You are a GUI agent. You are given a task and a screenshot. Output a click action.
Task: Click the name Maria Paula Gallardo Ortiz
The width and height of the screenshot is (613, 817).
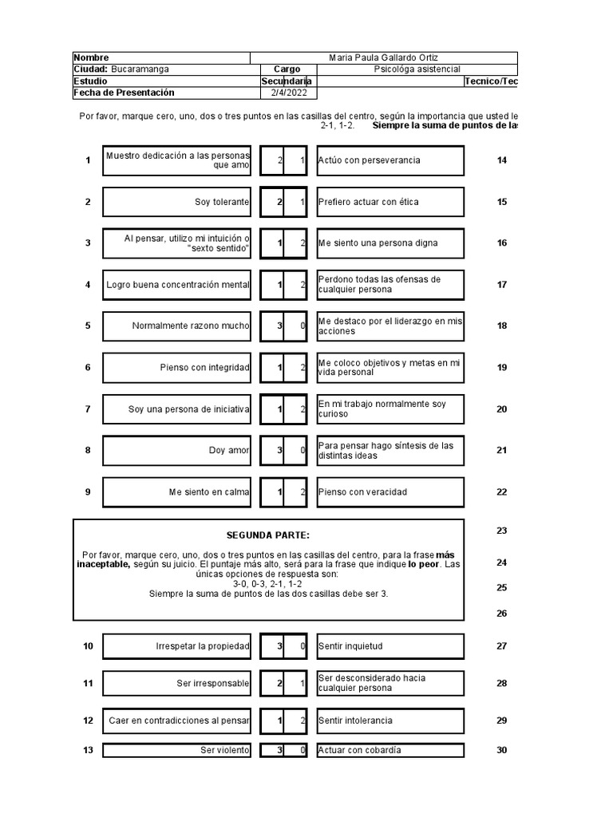coord(383,57)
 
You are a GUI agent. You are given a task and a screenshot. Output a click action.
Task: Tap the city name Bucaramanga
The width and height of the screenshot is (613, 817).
coord(140,69)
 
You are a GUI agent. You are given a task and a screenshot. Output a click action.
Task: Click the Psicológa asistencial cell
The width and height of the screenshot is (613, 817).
coord(417,69)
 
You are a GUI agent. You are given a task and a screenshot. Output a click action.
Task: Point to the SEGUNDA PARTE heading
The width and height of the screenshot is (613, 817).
coord(267,535)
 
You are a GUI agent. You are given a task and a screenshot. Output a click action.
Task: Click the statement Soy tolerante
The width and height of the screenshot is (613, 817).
coord(222,202)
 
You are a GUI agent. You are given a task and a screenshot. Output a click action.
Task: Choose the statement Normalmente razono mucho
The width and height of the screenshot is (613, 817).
coord(190,326)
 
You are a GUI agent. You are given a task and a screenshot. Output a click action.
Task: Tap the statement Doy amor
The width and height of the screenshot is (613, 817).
coord(229,450)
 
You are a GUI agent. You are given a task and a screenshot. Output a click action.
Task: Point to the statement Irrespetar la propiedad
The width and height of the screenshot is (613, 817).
coord(203,646)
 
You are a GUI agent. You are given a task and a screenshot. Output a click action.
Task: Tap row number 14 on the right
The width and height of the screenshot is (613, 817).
coord(502,160)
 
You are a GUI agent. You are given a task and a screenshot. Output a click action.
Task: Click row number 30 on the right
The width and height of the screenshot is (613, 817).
coord(502,750)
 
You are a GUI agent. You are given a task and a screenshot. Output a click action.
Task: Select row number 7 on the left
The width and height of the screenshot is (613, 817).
coord(88,409)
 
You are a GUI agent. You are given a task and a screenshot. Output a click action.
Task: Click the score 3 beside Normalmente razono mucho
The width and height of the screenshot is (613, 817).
coord(279,326)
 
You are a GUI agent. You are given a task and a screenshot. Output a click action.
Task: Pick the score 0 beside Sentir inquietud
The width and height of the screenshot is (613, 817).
coord(303,646)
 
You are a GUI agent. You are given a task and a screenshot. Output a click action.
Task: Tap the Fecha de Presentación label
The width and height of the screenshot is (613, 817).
coord(123,93)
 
